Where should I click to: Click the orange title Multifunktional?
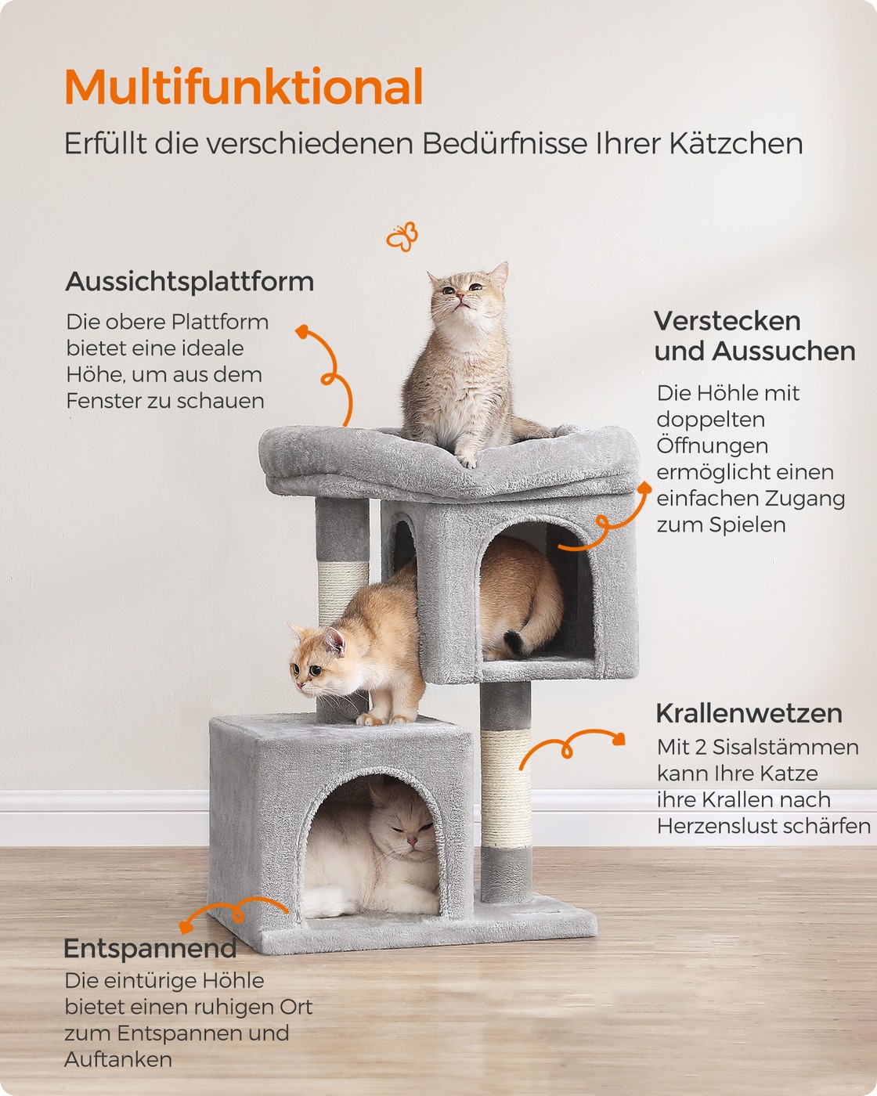tap(244, 86)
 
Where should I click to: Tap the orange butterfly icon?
tap(402, 236)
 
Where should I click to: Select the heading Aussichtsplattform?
tap(189, 282)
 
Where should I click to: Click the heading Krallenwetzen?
tap(749, 713)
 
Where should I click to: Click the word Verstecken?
tap(727, 322)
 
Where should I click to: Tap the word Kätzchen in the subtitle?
tap(736, 143)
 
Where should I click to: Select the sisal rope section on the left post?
tap(342, 592)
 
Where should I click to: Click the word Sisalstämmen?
tap(785, 747)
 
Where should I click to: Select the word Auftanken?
tap(118, 1059)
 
